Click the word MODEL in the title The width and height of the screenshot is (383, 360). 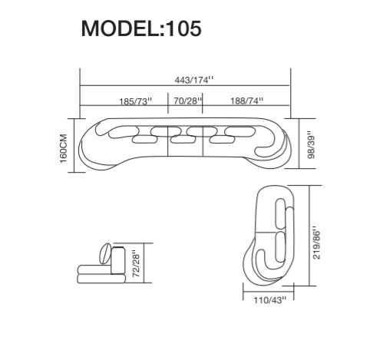tap(121, 28)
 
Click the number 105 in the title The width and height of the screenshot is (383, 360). tap(183, 28)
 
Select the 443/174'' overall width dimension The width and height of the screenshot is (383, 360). tap(194, 80)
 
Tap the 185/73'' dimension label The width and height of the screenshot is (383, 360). tap(136, 101)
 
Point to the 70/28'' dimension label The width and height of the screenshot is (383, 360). tap(188, 101)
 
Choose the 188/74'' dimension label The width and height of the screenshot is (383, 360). tap(247, 101)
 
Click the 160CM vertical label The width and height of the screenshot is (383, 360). tap(63, 148)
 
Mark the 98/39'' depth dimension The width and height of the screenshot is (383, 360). tap(311, 145)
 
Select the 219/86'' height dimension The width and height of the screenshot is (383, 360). tap(316, 243)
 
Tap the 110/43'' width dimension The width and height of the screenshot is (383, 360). tap(269, 299)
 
